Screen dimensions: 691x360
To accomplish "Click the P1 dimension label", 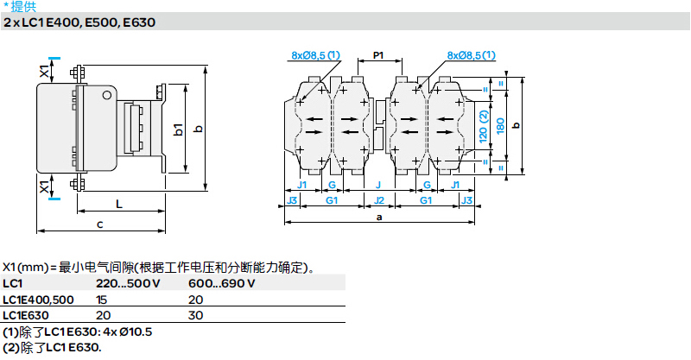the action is (x=378, y=55).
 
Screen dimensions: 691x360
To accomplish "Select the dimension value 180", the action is (x=500, y=126).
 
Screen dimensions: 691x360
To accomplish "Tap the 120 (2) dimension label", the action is (x=484, y=126).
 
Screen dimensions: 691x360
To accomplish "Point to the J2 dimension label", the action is (x=379, y=200).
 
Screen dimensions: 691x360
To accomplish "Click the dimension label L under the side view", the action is (x=119, y=204).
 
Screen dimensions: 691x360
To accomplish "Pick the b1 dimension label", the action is (x=178, y=129).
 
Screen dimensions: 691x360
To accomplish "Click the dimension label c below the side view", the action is (x=100, y=224).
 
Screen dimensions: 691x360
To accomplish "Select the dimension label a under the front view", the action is (x=379, y=217).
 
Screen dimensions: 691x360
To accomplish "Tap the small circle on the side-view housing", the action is (x=106, y=95).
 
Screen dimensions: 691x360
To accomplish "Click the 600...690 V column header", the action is (x=222, y=283).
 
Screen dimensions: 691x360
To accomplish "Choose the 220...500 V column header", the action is (x=128, y=283).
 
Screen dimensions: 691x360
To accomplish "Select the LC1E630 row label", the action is (x=26, y=315).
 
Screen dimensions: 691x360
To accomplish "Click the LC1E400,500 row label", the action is (x=38, y=300).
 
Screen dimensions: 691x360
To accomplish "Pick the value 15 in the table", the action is (x=101, y=300).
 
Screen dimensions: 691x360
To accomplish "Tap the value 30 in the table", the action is (x=196, y=315).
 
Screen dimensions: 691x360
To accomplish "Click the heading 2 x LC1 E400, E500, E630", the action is (x=79, y=22).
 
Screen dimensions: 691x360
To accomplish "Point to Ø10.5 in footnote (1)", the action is (x=136, y=332).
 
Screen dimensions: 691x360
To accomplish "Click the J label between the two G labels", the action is (x=378, y=185).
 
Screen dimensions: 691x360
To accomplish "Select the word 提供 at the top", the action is (x=23, y=6).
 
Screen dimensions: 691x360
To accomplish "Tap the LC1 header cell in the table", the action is (x=12, y=283).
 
